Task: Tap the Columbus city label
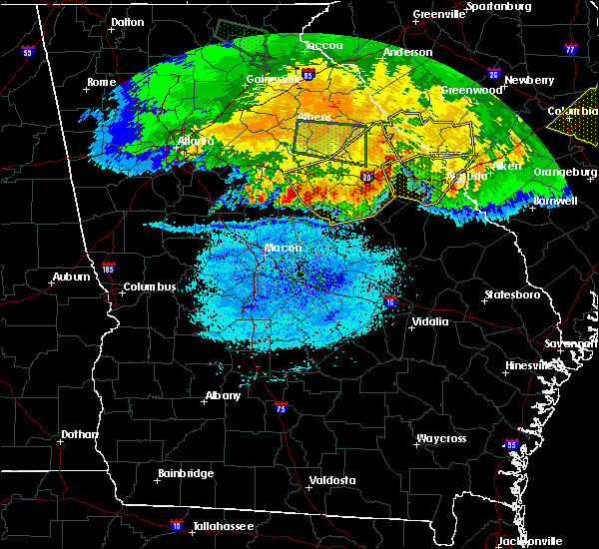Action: coord(150,287)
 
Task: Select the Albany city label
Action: coord(223,395)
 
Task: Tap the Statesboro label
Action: coord(511,294)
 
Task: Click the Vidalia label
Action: coord(431,321)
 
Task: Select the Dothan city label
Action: coord(79,434)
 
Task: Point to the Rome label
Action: coord(102,82)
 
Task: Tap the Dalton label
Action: coord(127,21)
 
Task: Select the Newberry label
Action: coord(529,80)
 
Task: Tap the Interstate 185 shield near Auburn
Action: coord(108,268)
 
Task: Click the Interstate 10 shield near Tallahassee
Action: coord(178,523)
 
